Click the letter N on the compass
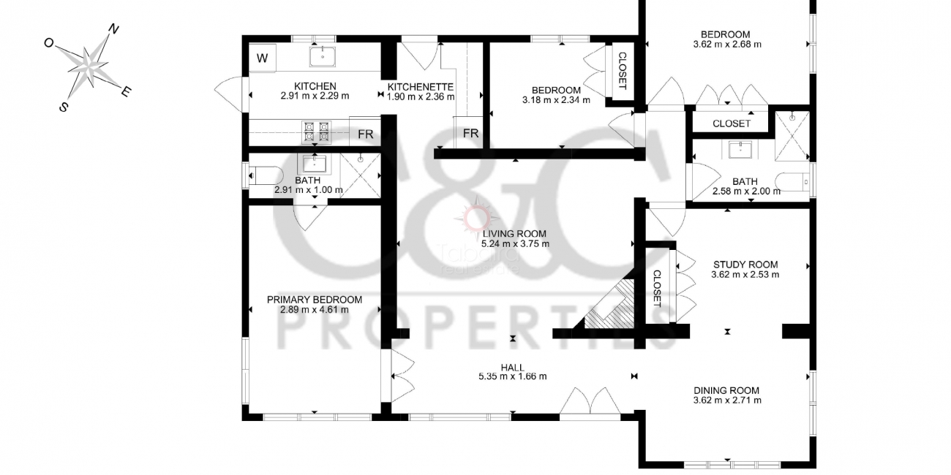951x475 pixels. coord(113,28)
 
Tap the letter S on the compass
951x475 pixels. coord(63,107)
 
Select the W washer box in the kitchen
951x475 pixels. coord(263,58)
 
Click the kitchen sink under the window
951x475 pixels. coord(323,56)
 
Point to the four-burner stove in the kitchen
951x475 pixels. coord(316,132)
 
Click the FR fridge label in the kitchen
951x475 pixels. coord(365,134)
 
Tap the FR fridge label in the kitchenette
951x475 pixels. coord(470,134)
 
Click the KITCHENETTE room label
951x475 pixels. coord(421,87)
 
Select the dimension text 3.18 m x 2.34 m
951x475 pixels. coord(556,100)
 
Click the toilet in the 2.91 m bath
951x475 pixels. coord(266,175)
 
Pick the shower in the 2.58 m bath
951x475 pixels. coord(792,136)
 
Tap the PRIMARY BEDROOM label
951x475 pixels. coord(315,300)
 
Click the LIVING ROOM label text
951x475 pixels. coord(514,234)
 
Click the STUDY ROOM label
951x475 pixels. coord(745,265)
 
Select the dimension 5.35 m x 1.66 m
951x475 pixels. coord(513,376)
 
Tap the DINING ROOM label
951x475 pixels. coord(726,391)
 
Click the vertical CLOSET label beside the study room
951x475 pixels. coord(657,289)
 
